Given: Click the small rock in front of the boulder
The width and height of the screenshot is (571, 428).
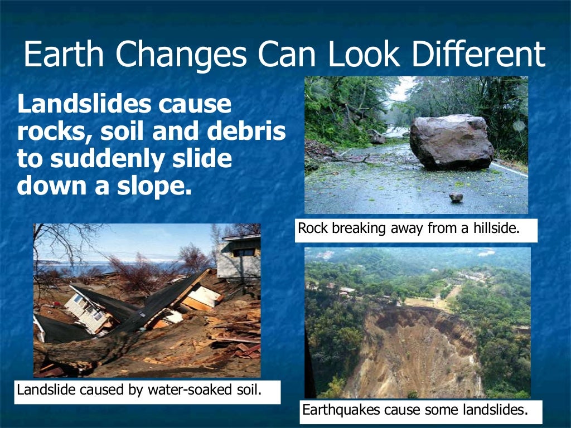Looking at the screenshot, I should [456, 197].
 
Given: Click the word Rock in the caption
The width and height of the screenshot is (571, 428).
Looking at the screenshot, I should [311, 228].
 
